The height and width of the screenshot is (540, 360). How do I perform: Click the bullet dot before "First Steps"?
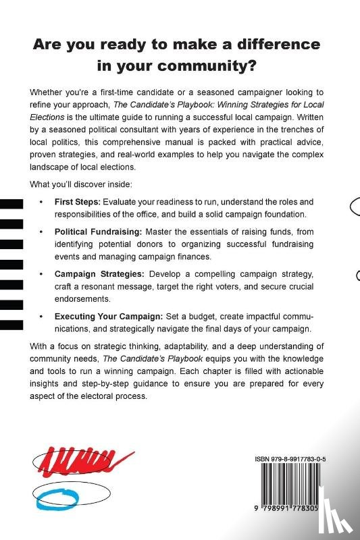[x=42, y=202]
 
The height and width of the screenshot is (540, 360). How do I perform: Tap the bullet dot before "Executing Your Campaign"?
[x=42, y=316]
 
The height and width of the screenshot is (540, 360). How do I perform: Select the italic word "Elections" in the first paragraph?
[x=49, y=117]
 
